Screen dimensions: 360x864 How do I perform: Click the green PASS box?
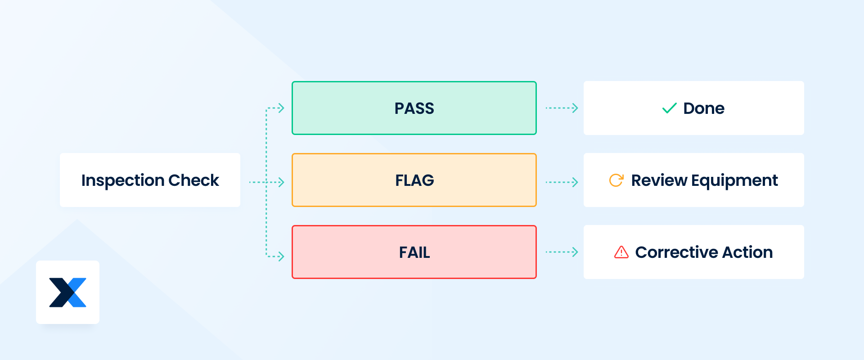pyautogui.click(x=414, y=108)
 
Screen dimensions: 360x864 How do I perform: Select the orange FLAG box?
pyautogui.click(x=414, y=180)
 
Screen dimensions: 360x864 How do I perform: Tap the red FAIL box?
pyautogui.click(x=414, y=252)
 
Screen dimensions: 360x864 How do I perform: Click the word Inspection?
pyautogui.click(x=122, y=180)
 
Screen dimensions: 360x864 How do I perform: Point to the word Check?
pyautogui.click(x=193, y=180)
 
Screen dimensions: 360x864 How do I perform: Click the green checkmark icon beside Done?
pyautogui.click(x=669, y=108)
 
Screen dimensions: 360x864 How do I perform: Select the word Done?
pyautogui.click(x=704, y=108)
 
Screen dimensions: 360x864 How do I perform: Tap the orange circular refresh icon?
pyautogui.click(x=616, y=180)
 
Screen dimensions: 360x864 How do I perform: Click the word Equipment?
pyautogui.click(x=734, y=180)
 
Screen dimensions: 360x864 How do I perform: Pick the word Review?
pyautogui.click(x=659, y=180)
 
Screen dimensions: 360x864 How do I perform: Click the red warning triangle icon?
pyautogui.click(x=621, y=252)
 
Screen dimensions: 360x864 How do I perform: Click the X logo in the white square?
pyautogui.click(x=67, y=292)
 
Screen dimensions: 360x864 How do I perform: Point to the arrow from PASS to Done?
pyautogui.click(x=562, y=108)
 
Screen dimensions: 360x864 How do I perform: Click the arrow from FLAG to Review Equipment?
pyautogui.click(x=562, y=182)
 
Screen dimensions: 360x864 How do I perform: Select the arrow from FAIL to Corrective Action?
pyautogui.click(x=562, y=252)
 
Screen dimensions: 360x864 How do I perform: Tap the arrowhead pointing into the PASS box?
pyautogui.click(x=281, y=108)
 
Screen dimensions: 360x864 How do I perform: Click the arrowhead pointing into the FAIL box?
pyautogui.click(x=281, y=256)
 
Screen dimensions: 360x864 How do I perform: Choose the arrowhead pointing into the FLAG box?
pyautogui.click(x=281, y=182)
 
